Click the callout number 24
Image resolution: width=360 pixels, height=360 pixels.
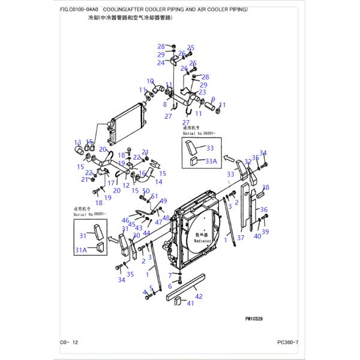[161, 63]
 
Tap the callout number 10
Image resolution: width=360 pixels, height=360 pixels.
[151, 81]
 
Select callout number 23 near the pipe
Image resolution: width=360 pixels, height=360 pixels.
[202, 92]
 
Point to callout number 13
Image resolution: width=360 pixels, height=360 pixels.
[77, 143]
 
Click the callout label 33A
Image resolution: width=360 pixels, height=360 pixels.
[210, 160]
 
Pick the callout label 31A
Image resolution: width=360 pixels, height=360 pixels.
[80, 249]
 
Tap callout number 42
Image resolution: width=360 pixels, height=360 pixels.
[199, 296]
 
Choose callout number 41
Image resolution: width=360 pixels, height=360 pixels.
[190, 304]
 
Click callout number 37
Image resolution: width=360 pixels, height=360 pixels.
[240, 238]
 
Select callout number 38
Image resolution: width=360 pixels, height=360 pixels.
[266, 188]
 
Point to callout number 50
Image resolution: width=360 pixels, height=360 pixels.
[146, 191]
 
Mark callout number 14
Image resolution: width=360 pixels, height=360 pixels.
[158, 181]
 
